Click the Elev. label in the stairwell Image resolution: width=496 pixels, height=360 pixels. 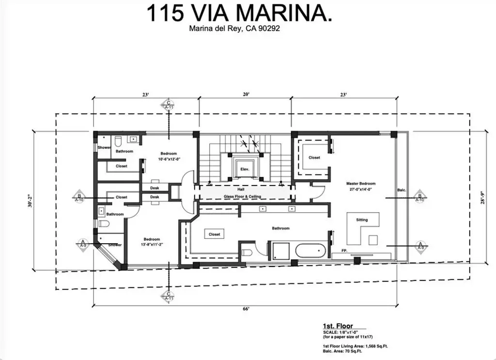tap(244, 169)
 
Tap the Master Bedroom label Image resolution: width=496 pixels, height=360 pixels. tap(360, 186)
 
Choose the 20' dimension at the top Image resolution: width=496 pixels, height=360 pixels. tap(246, 95)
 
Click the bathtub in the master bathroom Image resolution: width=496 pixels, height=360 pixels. tap(310, 251)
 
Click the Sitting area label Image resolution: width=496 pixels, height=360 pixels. tap(362, 219)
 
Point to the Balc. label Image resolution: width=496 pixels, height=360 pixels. tap(401, 190)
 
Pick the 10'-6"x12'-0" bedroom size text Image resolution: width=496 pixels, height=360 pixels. tap(169, 158)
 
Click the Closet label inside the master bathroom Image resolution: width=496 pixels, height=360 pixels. tap(214, 234)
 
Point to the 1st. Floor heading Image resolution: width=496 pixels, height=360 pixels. tap(338, 326)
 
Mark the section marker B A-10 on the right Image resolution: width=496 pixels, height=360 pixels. tap(420, 197)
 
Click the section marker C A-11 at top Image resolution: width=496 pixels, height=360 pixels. tap(169, 105)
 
